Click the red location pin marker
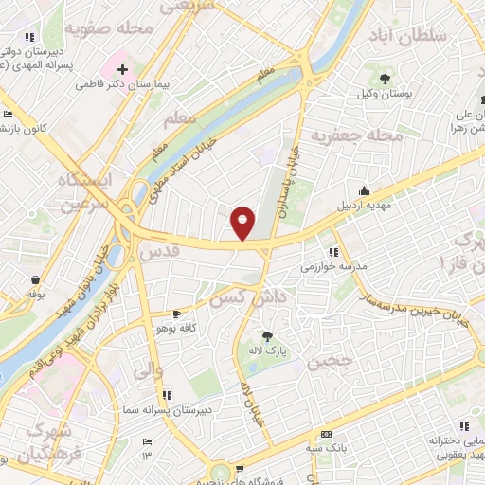tap(242, 222)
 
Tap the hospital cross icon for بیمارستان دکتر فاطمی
tap(122, 69)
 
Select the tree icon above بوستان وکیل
tap(385, 79)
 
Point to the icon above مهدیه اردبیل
tap(363, 189)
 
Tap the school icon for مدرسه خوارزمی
tap(333, 252)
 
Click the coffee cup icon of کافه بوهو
tap(176, 314)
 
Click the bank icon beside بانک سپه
tap(327, 431)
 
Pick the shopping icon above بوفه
tap(35, 280)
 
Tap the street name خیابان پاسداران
tap(292, 179)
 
